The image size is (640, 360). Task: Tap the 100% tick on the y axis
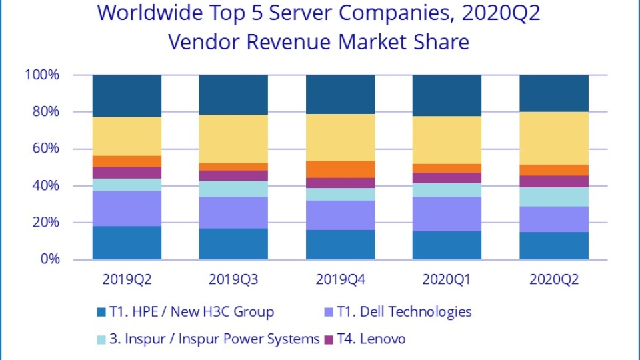tap(42, 75)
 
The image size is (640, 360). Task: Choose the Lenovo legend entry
tap(376, 339)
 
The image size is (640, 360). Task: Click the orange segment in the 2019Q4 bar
tap(340, 169)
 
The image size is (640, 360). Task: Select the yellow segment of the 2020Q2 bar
tap(554, 138)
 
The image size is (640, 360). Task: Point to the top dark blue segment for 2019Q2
tap(127, 96)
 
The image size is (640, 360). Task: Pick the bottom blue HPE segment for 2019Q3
tap(233, 243)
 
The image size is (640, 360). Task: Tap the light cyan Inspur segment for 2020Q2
tap(554, 197)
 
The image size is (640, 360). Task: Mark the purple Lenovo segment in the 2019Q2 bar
tap(127, 173)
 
